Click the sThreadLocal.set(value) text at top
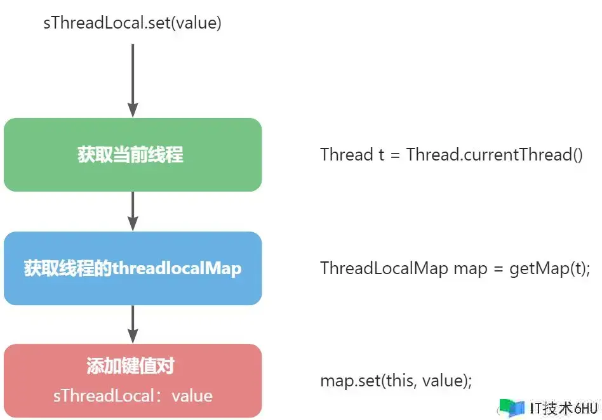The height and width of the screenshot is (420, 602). pos(133,23)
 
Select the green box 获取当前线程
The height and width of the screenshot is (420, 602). pos(133,155)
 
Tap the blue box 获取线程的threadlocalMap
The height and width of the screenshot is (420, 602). pos(133,268)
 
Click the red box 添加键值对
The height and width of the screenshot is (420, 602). pos(133,381)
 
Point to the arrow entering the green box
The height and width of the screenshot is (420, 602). pos(133,81)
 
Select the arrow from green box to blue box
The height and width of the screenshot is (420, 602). pos(133,211)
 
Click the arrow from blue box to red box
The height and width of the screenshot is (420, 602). pos(133,324)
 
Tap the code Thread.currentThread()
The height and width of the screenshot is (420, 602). pos(495,155)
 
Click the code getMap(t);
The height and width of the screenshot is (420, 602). pos(550,268)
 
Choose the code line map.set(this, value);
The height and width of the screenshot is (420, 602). pos(396,381)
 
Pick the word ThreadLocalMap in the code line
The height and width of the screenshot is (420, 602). pos(384,268)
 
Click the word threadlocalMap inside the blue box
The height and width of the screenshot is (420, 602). pos(177,268)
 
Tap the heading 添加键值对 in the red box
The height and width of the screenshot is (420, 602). pos(131,365)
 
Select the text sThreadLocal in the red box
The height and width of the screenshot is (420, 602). pos(104,396)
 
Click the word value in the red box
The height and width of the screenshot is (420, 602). pos(192,396)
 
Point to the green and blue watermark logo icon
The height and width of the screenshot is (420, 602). pos(511,408)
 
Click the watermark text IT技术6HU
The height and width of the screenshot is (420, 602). pos(564,408)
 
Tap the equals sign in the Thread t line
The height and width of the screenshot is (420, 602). pos(395,155)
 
